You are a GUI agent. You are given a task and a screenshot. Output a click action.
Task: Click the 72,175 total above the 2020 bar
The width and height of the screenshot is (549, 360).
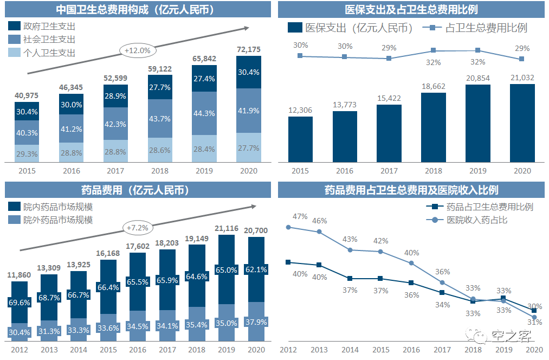(249, 49)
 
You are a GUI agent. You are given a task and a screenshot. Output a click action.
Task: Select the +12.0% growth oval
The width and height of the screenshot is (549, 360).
(138, 51)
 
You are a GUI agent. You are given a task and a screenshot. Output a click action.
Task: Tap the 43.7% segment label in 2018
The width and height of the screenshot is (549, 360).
(160, 119)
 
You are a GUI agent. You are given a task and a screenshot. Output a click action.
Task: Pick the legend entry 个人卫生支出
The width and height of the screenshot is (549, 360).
(42, 53)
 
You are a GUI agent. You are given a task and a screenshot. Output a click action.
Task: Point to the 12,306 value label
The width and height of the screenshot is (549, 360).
(300, 110)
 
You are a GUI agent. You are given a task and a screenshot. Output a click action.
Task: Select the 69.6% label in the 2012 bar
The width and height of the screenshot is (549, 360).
(20, 303)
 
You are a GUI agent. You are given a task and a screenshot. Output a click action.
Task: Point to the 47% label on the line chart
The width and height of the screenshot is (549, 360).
(300, 217)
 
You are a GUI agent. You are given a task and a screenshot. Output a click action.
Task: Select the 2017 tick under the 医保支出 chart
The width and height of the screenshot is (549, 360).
(389, 171)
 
